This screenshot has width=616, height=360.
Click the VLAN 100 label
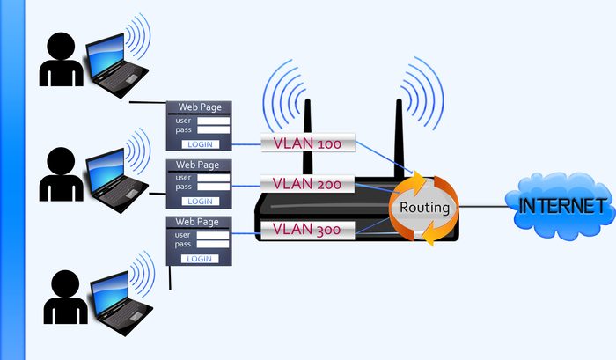[307, 143]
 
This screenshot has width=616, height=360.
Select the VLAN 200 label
[307, 184]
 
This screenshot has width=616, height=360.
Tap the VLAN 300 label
[307, 230]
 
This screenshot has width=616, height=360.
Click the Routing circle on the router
[425, 209]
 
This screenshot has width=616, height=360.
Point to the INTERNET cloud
[564, 207]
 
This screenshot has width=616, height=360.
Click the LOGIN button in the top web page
[200, 143]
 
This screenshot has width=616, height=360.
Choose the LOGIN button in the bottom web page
[200, 259]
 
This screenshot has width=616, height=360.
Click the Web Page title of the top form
[200, 107]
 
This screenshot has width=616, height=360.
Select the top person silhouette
[61, 62]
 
